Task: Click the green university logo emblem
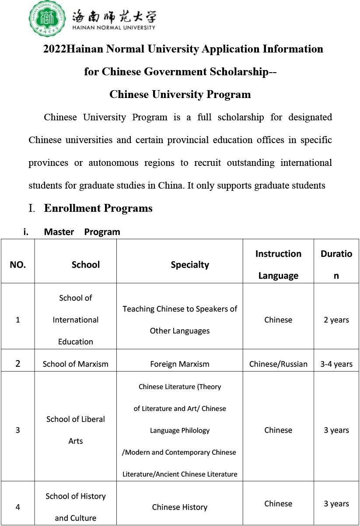(48, 19)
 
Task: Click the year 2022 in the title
(54, 49)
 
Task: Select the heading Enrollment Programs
(98, 208)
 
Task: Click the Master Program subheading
(82, 232)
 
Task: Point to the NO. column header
(17, 265)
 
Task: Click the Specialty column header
(190, 265)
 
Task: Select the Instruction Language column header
(278, 264)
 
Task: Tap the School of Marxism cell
(76, 364)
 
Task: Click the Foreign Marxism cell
(180, 364)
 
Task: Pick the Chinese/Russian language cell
(278, 364)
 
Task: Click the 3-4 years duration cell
(336, 364)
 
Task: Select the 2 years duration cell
(336, 320)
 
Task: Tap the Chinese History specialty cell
(180, 507)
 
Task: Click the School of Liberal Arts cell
(76, 430)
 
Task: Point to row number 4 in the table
(17, 507)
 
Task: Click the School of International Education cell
(76, 320)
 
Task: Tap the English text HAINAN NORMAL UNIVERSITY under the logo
(113, 28)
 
